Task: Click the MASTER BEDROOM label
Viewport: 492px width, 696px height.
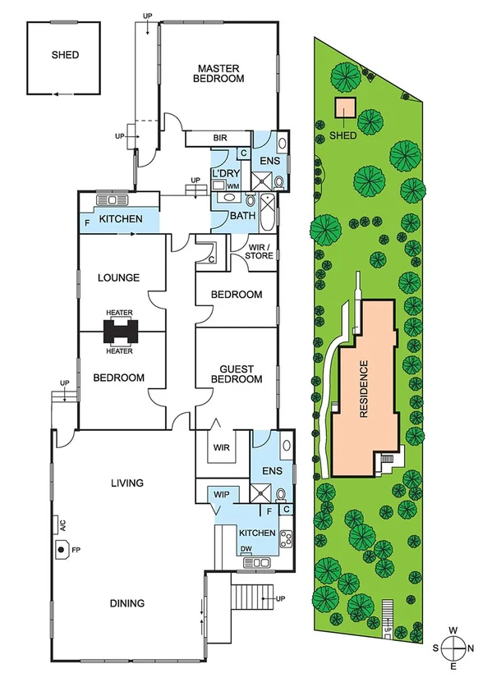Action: click(x=218, y=73)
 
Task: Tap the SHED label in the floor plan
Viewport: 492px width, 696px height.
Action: click(x=65, y=55)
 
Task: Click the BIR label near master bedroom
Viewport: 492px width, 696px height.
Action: click(x=219, y=138)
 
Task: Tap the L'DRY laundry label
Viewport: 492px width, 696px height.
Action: click(x=224, y=174)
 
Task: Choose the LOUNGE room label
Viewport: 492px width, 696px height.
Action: click(x=119, y=277)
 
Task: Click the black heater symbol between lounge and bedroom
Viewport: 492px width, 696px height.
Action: click(x=120, y=332)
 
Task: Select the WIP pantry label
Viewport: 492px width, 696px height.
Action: click(x=221, y=495)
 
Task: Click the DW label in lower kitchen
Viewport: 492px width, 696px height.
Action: click(x=245, y=550)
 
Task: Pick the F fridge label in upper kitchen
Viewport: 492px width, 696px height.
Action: click(x=87, y=222)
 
